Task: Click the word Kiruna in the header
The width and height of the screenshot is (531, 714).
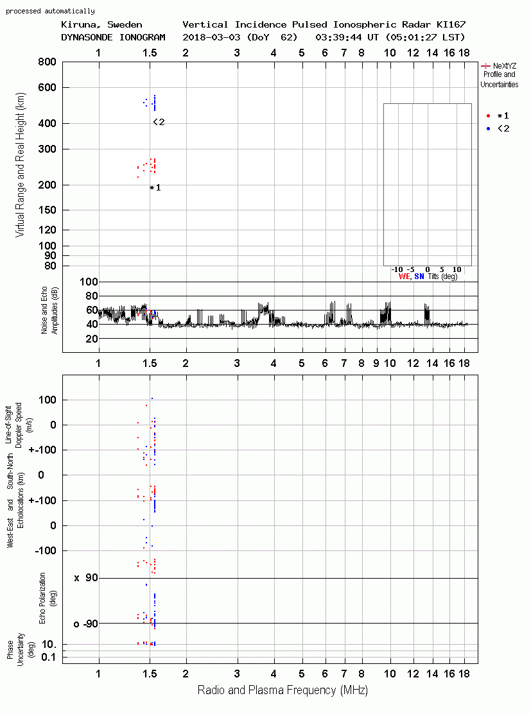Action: (78, 25)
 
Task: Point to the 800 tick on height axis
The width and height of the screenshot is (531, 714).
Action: (47, 62)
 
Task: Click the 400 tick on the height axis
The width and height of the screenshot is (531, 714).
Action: (47, 123)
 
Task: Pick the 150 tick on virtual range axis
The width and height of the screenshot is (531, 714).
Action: (47, 210)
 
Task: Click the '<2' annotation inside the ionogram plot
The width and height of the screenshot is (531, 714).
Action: (159, 122)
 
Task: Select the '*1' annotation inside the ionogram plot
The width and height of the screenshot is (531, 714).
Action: (155, 187)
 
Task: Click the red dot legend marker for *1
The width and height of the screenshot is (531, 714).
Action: (488, 116)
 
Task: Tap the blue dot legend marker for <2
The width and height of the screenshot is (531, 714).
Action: (488, 129)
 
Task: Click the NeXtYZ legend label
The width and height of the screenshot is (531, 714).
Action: (505, 66)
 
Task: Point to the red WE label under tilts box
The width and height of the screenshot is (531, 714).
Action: (404, 276)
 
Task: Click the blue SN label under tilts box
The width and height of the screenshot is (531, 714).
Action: (419, 276)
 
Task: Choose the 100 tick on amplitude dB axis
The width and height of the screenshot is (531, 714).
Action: (89, 282)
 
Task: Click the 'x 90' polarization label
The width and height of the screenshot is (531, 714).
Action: (86, 578)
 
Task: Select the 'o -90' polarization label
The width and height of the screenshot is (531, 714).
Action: (86, 624)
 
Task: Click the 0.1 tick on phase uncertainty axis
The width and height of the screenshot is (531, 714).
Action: (48, 657)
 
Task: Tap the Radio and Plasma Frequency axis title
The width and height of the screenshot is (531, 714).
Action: (283, 690)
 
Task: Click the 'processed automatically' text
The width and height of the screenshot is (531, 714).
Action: (50, 11)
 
